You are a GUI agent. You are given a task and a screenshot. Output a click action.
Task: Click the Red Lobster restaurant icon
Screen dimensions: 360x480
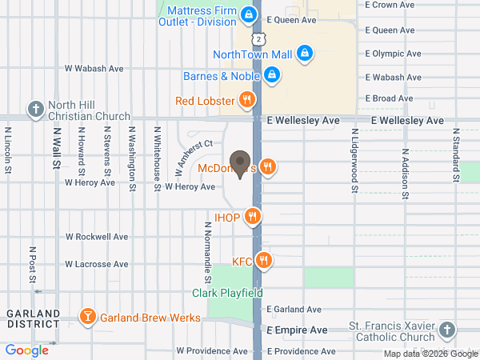pos(247,100)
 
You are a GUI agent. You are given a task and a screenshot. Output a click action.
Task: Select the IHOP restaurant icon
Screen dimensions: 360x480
pos(253,216)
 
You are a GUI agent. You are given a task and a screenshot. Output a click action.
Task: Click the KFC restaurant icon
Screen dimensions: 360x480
pos(265,261)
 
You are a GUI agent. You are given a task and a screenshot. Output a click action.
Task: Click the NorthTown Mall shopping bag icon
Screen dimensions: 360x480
pos(304,54)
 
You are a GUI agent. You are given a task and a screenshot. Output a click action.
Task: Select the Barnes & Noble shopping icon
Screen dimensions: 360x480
pos(272,75)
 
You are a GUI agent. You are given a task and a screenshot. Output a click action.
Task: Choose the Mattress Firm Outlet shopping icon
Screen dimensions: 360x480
pos(249,15)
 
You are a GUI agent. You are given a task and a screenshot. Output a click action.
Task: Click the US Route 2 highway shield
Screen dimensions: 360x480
pos(257,38)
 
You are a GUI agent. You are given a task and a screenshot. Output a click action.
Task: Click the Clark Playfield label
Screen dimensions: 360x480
pos(227,293)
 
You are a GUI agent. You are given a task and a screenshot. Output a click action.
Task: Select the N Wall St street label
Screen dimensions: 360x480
pos(57,150)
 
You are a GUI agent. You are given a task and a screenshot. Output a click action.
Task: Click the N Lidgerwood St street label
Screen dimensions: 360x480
pos(354,159)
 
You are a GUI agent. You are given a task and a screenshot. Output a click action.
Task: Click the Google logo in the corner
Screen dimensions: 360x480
pos(27,350)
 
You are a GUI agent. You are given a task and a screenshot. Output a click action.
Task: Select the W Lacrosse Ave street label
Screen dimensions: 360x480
pos(97,264)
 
